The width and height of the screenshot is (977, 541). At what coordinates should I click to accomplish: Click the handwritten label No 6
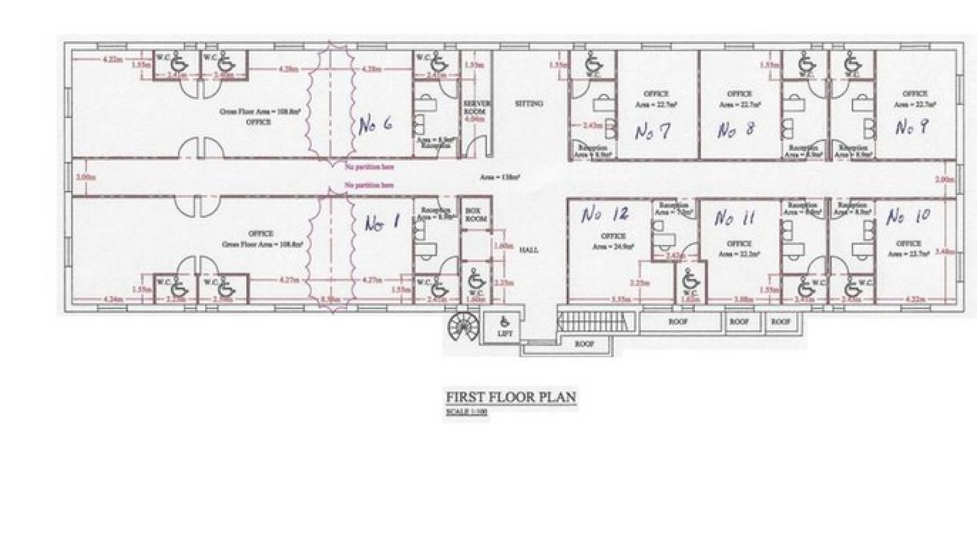375,125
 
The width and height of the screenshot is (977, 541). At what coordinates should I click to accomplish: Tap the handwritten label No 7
652,132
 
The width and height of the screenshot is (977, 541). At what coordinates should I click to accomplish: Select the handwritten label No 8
735,130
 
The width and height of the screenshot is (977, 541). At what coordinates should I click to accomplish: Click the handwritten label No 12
605,215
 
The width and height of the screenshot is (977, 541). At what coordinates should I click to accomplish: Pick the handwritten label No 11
734,218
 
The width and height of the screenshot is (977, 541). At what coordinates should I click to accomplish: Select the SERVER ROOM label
476,107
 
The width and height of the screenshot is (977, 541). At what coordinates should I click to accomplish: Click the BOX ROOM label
476,214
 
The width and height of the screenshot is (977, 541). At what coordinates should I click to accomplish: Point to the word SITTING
529,103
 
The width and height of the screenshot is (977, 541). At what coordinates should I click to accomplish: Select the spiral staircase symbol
462,326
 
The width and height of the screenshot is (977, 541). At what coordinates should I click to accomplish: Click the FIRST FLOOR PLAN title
511,397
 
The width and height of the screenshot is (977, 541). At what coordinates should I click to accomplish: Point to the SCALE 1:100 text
466,412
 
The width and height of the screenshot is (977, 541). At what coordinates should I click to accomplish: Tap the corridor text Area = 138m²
500,178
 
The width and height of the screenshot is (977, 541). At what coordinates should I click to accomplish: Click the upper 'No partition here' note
369,167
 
